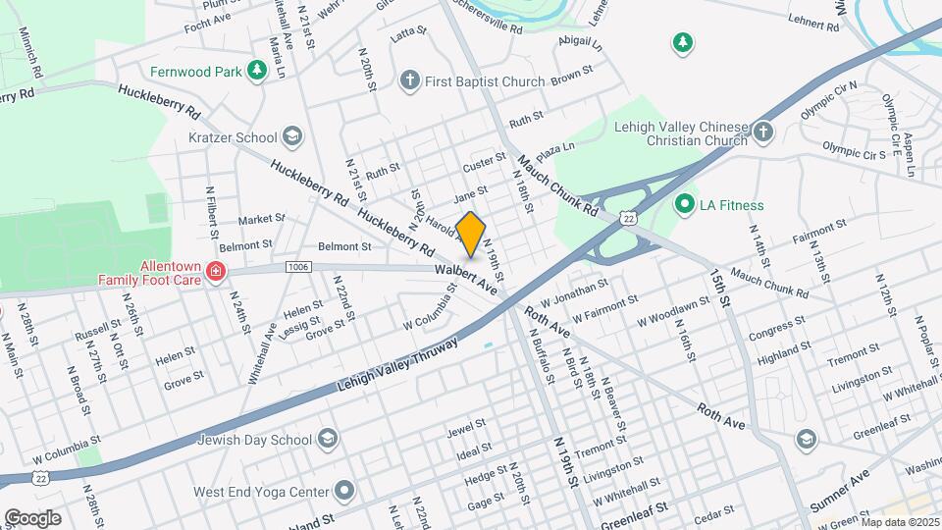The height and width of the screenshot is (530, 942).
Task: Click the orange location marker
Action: click(471, 234)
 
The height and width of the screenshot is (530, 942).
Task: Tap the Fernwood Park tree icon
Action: click(256, 71)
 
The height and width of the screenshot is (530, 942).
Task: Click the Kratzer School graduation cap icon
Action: click(290, 134)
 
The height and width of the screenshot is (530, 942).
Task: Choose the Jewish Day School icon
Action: click(327, 439)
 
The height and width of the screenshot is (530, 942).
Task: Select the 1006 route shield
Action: click(299, 267)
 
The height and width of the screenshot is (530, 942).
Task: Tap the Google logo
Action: click(32, 517)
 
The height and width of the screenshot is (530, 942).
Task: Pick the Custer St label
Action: click(485, 159)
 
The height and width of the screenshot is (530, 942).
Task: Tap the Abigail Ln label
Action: click(578, 42)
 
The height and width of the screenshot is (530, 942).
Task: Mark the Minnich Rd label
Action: click(28, 53)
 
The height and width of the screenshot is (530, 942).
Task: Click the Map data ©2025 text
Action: click(897, 521)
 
